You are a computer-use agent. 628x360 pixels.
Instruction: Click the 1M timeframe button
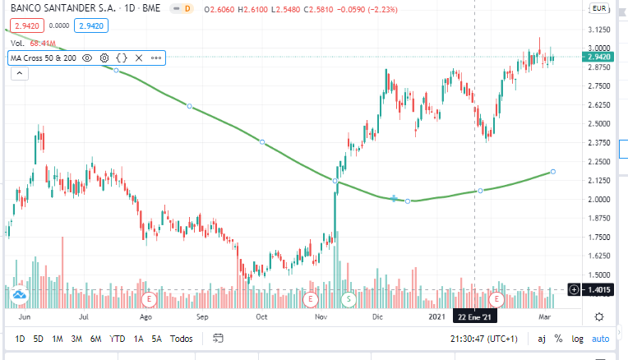coord(58,339)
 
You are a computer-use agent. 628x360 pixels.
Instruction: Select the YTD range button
coord(117,339)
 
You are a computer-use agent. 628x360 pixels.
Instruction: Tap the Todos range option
coord(181,339)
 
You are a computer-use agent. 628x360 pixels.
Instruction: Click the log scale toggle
coord(577,339)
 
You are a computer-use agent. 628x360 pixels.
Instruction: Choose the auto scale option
coord(600,339)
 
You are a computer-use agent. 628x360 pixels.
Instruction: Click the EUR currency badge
coord(599,8)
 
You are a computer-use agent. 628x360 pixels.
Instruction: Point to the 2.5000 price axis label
coord(599,124)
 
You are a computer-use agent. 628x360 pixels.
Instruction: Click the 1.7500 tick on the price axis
coord(599,237)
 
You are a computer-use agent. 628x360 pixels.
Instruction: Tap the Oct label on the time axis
coord(261,316)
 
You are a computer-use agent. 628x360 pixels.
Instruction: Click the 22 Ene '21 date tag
coord(474,317)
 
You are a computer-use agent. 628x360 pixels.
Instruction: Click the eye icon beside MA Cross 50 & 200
coord(87,58)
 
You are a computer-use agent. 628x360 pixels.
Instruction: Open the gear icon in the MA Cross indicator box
coord(104,58)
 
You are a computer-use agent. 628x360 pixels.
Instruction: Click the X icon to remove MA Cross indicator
coord(139,58)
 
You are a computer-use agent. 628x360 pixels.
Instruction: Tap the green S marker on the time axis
coord(349,298)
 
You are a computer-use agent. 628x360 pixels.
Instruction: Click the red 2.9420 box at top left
coord(27,26)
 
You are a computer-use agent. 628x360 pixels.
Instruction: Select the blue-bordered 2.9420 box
coord(91,26)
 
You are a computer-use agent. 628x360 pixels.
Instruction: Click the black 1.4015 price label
coord(598,289)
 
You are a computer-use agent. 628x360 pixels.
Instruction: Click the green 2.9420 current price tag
coord(598,57)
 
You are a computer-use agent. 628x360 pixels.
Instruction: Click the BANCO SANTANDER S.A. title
coord(63,8)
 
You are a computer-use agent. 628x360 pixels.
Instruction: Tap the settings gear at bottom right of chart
coord(599,317)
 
